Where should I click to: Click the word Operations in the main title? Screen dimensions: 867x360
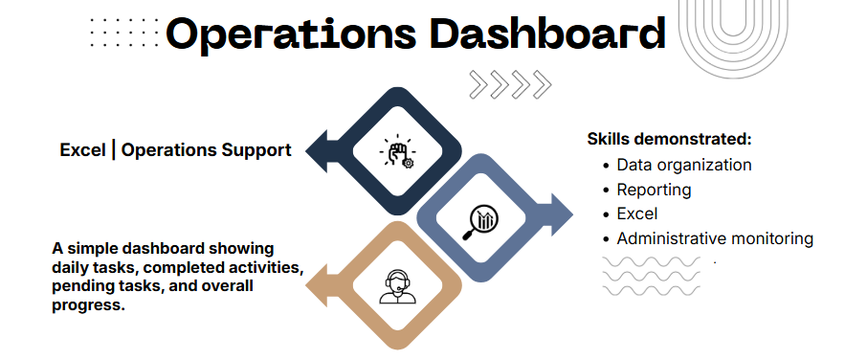coord(291,34)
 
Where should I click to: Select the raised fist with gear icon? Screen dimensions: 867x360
coord(397,150)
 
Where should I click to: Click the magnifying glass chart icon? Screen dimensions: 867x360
coord(480,222)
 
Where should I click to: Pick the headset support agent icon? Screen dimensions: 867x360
coord(397,286)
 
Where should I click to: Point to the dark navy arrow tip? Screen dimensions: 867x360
coord(307,151)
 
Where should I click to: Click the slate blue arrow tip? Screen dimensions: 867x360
coord(572,215)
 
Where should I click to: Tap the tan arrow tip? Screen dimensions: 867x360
coord(307,286)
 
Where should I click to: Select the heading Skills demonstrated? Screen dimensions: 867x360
coord(670,139)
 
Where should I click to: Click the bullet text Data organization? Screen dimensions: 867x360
coord(684,165)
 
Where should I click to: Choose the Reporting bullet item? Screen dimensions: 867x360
coord(654,190)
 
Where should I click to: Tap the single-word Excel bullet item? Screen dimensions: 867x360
coord(637,214)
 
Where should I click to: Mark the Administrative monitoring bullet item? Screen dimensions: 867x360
coord(715,238)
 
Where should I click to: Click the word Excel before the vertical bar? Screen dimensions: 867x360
coord(82,150)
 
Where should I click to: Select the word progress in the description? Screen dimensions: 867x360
coord(88,305)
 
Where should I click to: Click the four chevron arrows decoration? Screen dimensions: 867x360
coord(510,84)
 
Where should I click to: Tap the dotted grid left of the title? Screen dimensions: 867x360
coord(124,32)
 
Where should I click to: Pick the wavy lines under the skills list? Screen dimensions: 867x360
coord(651,276)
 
